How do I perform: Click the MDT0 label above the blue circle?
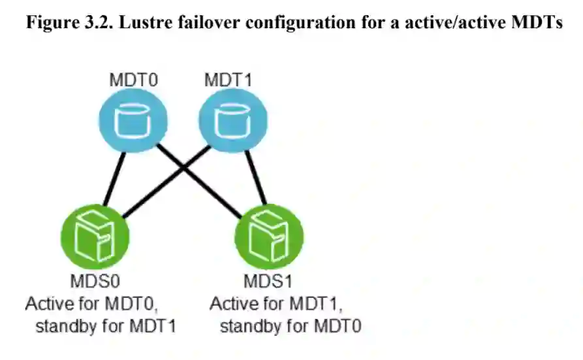134,80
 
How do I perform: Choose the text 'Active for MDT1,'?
276,304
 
